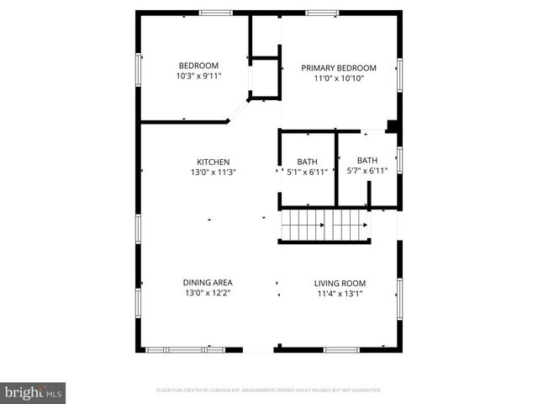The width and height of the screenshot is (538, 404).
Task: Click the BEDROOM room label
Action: click(x=198, y=66)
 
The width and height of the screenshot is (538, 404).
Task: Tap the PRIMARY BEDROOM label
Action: click(x=340, y=68)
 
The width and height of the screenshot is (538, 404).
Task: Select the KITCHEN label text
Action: click(x=214, y=162)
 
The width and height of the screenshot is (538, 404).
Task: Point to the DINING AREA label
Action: click(x=208, y=283)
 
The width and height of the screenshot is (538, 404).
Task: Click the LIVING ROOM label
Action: click(x=340, y=284)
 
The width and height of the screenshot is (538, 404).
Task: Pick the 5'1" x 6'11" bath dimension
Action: click(x=308, y=173)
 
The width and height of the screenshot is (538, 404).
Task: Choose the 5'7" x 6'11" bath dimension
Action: click(x=367, y=171)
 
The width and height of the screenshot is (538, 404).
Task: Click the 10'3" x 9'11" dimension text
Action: click(x=198, y=77)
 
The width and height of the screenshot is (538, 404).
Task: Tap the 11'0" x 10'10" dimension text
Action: click(x=340, y=78)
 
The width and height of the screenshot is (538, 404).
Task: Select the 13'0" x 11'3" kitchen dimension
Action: click(x=214, y=173)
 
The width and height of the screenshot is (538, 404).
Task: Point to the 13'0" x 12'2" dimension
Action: click(x=208, y=294)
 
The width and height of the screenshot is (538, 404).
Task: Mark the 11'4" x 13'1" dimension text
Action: click(x=340, y=294)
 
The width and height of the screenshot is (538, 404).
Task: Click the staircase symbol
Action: click(x=324, y=226)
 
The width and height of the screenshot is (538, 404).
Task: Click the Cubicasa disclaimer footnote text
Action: click(x=269, y=391)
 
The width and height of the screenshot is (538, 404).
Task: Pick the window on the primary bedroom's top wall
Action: click(x=322, y=13)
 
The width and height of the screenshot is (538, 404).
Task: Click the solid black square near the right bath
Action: click(x=391, y=126)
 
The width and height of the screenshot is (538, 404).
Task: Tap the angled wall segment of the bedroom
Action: click(x=239, y=110)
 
